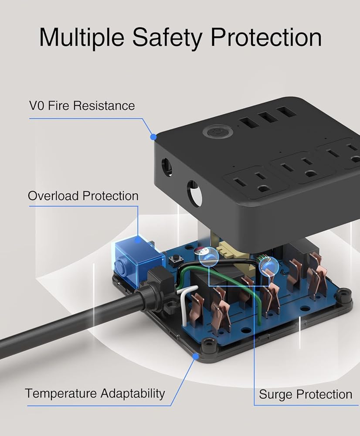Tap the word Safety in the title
coord(166,37)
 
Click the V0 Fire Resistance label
coord(82,106)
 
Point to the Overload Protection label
coord(83,196)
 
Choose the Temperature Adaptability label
coord(95,394)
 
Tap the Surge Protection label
coord(306,394)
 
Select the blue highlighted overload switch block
coord(137,256)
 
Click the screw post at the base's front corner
coord(208,345)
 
